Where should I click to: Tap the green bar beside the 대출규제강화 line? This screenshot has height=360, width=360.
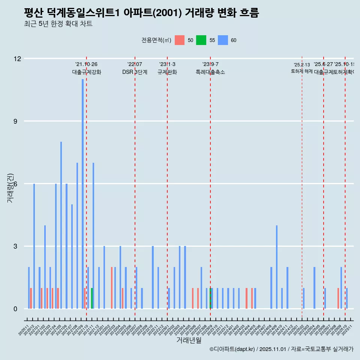pos(92,298)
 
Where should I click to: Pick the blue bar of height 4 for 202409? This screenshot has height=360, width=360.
pos(277,267)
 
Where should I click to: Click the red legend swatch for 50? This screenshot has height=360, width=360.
pos(180,40)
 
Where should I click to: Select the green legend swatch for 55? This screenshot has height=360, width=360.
pos(201,40)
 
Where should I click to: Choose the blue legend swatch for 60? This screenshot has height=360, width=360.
pos(223,40)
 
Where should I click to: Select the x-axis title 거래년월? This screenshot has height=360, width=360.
pos(189,340)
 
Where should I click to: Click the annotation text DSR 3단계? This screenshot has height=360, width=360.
pos(135,72)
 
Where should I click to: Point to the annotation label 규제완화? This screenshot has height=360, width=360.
pos(167,72)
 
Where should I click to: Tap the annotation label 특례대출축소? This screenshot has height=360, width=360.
pos(210,72)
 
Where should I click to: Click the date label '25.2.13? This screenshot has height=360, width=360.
pos(301,65)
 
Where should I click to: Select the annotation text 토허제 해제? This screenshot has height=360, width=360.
pos(301,71)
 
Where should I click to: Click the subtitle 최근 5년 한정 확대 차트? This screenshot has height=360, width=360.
pos(58,24)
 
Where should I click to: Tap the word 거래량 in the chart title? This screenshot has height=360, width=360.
pos(199,13)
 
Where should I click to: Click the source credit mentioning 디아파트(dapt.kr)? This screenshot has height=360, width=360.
pos(281,349)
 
